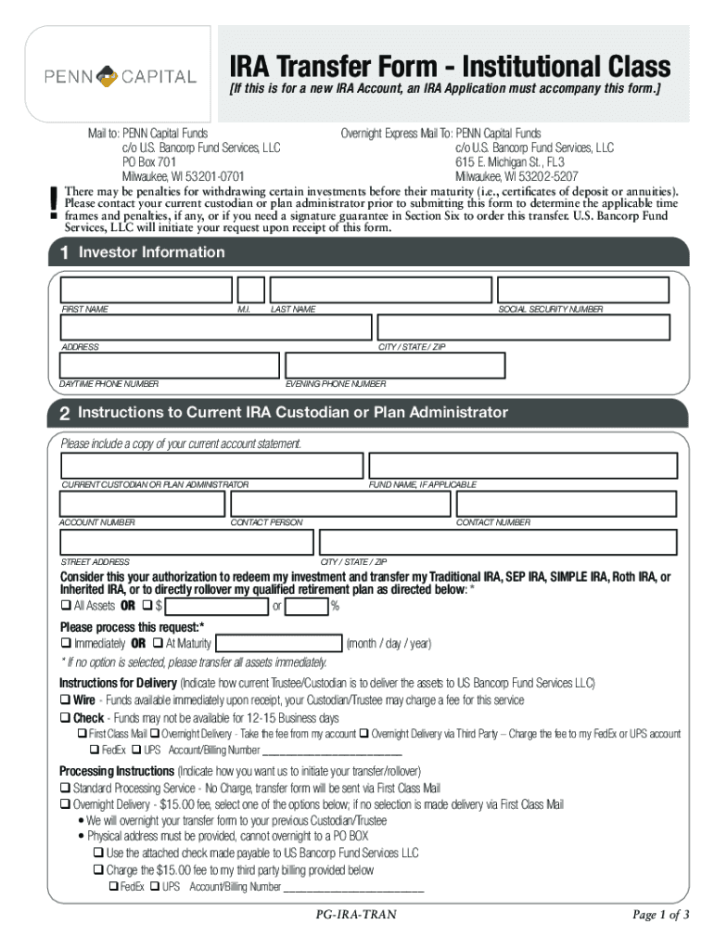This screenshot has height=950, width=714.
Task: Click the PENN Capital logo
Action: (121, 75)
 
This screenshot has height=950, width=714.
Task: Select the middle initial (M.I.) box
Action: (250, 289)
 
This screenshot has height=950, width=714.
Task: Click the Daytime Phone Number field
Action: (169, 365)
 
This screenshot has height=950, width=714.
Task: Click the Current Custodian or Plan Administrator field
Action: (211, 466)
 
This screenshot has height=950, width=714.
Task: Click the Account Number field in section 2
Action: (142, 504)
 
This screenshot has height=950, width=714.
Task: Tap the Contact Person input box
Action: (340, 504)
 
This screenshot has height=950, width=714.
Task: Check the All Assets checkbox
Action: (66, 606)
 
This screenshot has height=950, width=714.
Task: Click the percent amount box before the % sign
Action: (307, 607)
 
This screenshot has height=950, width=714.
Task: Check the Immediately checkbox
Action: (66, 643)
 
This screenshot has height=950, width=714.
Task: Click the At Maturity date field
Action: (277, 643)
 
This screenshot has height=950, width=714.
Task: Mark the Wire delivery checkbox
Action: (66, 700)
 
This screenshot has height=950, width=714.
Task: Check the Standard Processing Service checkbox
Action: (66, 788)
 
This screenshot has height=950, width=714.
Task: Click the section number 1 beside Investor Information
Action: (64, 252)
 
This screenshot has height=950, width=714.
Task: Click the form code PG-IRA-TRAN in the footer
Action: (356, 915)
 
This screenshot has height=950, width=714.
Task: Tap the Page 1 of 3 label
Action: (660, 915)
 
